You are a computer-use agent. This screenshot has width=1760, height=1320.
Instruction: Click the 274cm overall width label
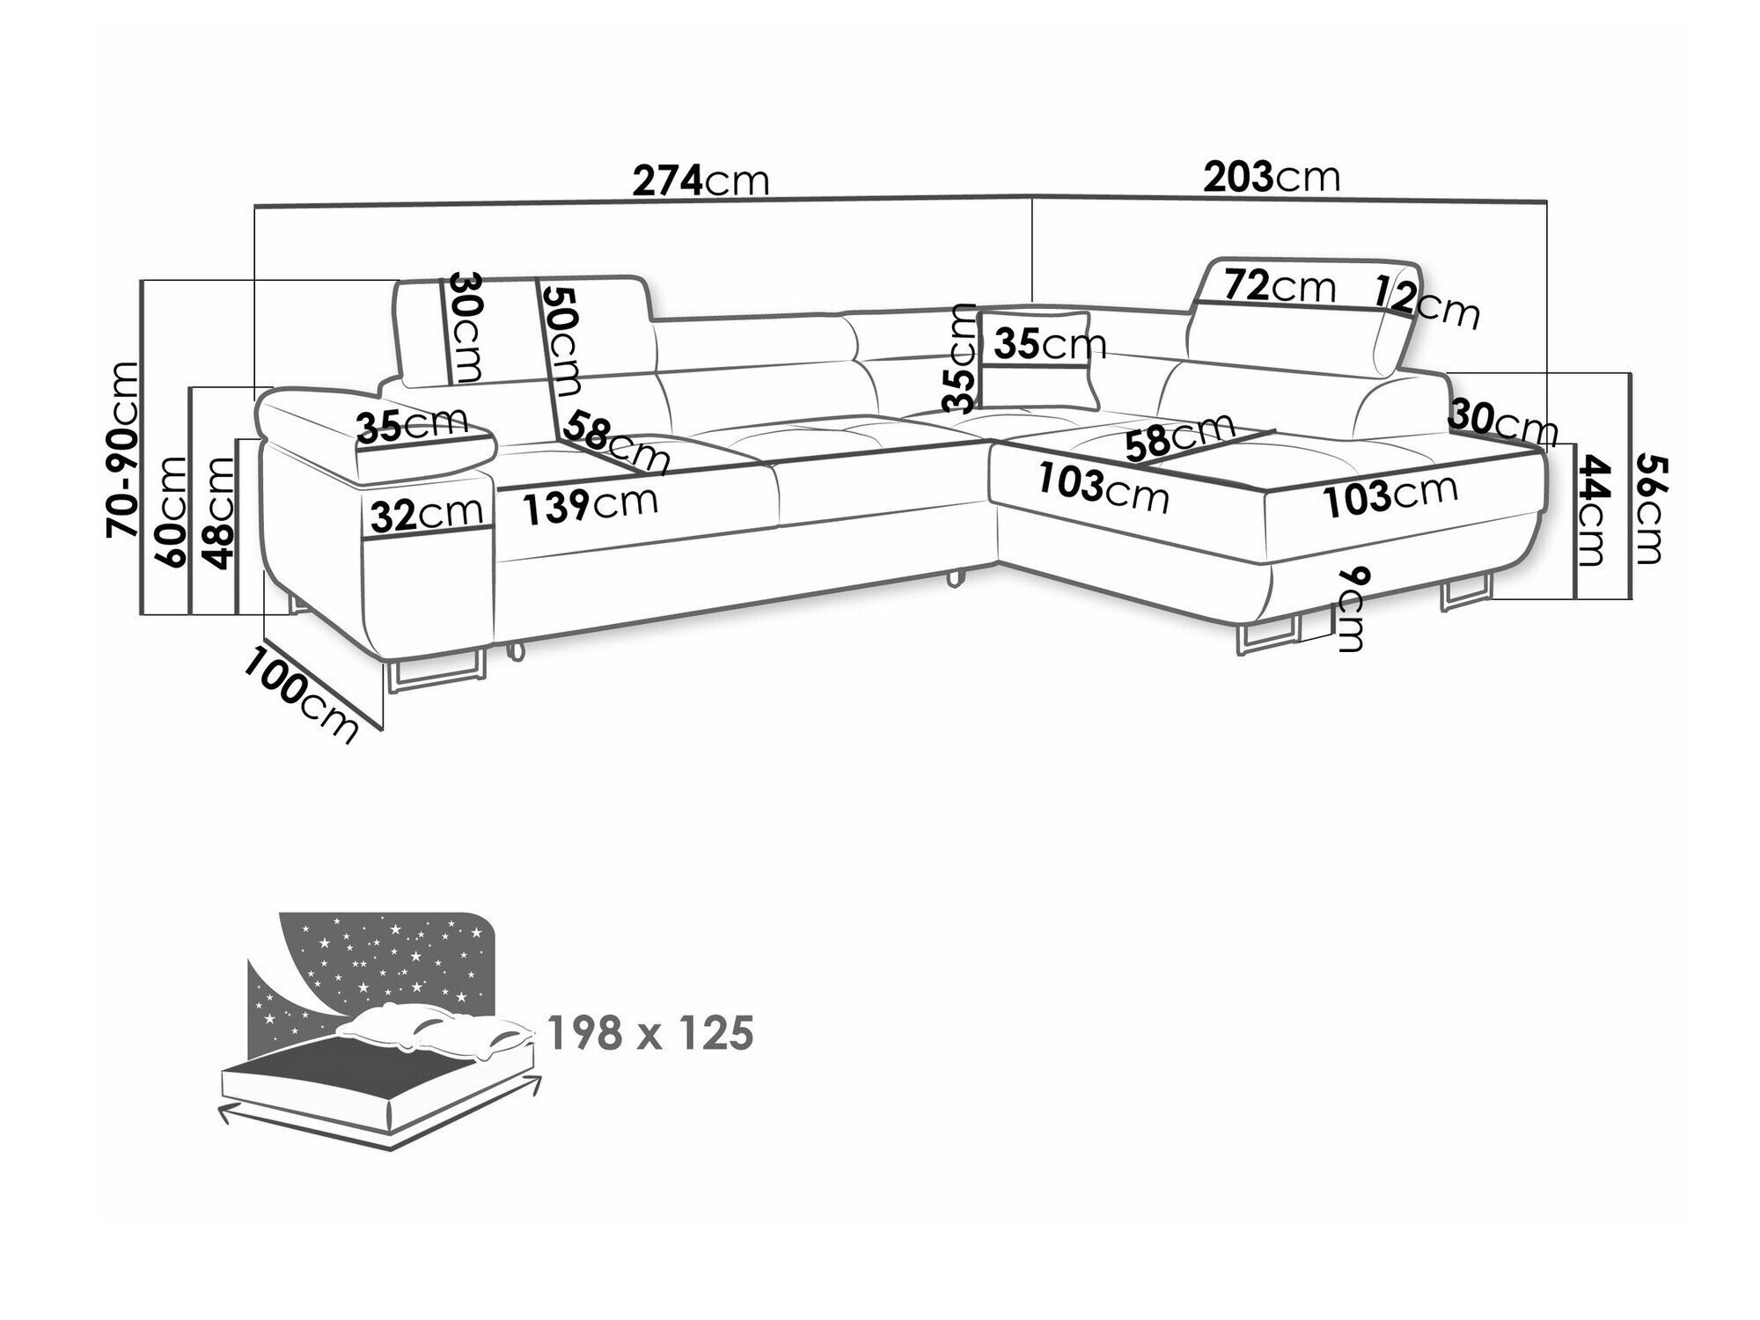click(700, 180)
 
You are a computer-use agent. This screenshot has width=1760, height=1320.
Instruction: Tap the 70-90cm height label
click(122, 449)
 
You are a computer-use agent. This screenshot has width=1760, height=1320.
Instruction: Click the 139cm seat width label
click(590, 505)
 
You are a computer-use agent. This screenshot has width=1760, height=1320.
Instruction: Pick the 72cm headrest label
click(1280, 286)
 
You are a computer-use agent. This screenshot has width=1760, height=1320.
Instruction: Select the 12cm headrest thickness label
click(1427, 301)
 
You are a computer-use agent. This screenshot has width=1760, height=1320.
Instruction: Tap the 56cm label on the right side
click(1648, 509)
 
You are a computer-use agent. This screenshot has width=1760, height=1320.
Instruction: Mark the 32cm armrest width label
click(427, 515)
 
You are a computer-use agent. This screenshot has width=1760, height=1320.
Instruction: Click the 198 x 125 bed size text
click(649, 1033)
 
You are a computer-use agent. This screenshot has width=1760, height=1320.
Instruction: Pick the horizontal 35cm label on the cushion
click(1043, 344)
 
